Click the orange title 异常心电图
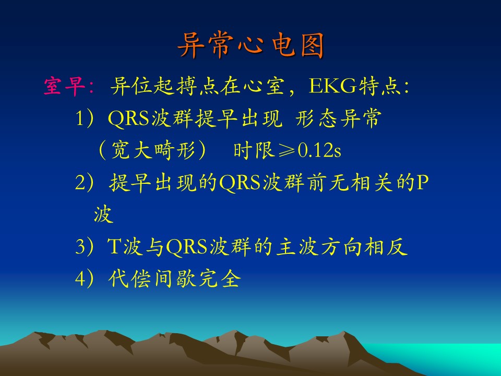pos(251,46)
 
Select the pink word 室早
pos(64,86)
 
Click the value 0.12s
pos(319,150)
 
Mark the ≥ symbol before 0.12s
pos(287,150)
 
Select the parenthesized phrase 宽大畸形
pos(152,150)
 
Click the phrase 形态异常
pos(338,118)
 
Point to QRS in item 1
pos(128,119)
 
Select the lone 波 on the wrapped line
pos(103,214)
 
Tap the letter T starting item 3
pos(113,246)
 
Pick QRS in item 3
pos(187,247)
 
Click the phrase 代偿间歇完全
pos(174,278)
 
